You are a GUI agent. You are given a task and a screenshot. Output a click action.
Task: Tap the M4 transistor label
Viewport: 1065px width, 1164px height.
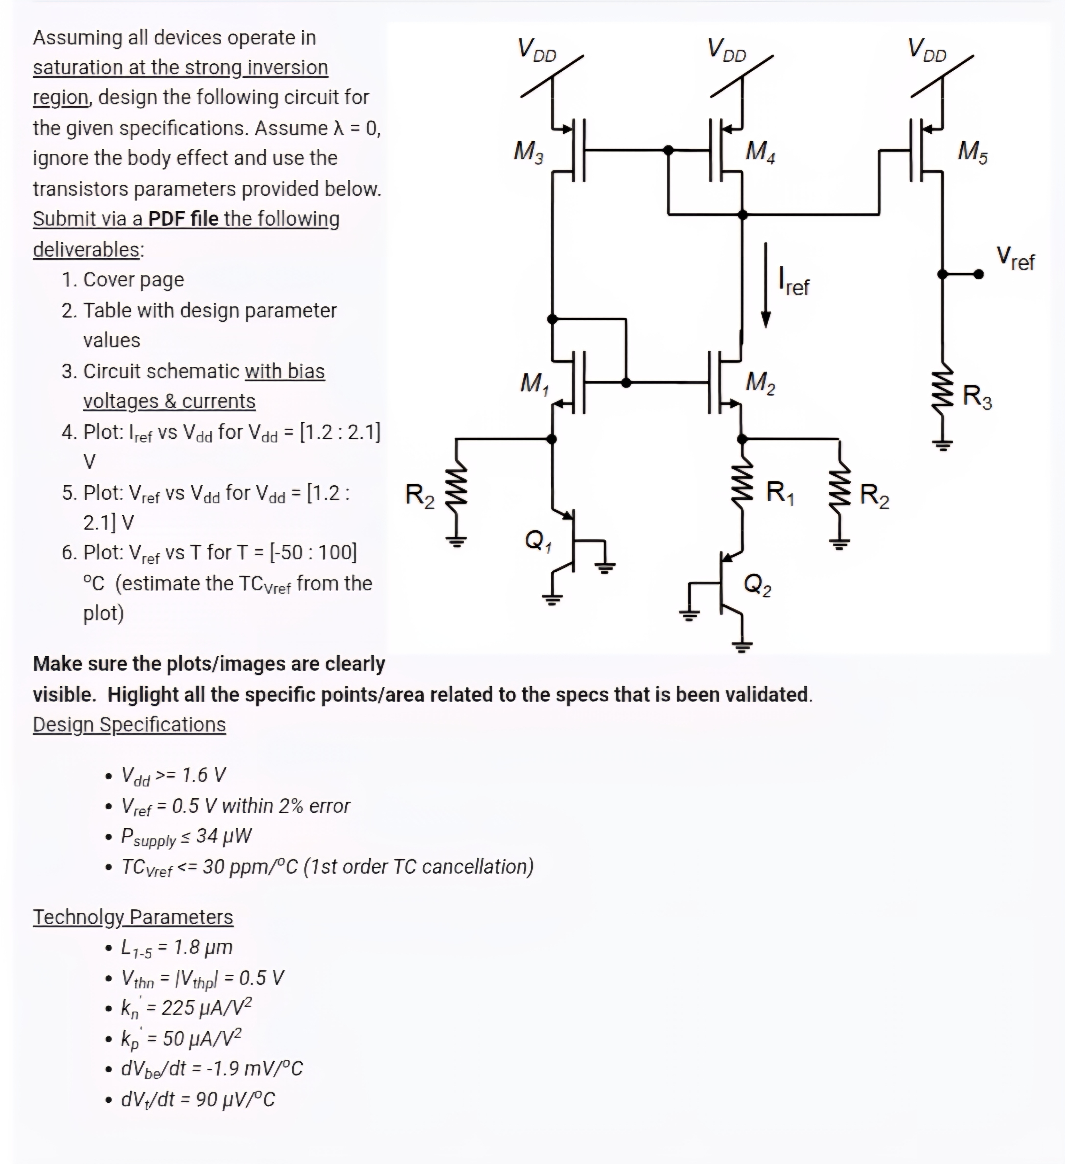(760, 152)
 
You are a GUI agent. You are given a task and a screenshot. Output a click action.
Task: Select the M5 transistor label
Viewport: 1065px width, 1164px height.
(973, 152)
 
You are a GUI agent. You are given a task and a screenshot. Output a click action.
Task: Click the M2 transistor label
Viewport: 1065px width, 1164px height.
(760, 383)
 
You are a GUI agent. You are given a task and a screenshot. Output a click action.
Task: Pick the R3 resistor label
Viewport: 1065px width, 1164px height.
(977, 397)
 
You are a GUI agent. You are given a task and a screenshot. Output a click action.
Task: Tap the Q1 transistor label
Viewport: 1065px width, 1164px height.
(538, 541)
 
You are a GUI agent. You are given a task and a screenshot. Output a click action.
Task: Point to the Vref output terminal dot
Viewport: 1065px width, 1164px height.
(978, 274)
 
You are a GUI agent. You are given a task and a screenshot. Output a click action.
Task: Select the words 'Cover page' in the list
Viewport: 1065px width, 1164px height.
(133, 280)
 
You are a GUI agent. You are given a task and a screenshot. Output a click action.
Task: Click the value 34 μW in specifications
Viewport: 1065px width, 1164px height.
(223, 836)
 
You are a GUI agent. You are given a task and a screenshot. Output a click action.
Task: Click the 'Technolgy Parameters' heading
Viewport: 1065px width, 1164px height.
(133, 917)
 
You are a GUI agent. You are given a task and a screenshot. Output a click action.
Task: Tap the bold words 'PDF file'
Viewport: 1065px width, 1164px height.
(183, 219)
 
